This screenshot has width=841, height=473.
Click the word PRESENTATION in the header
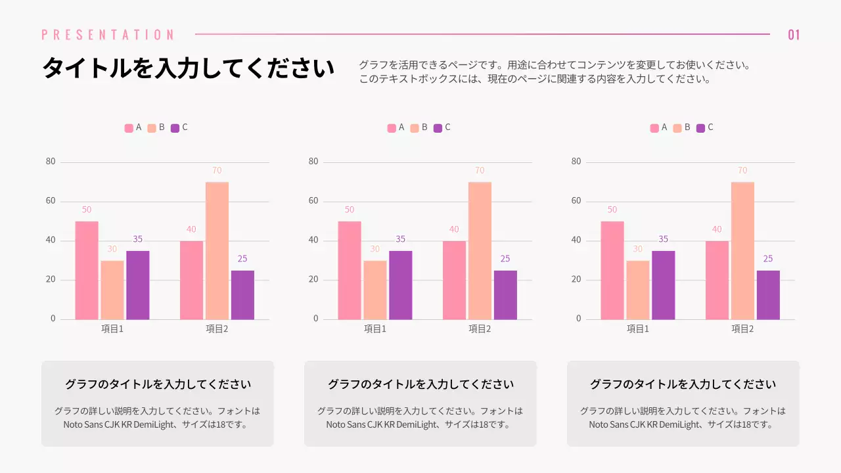pos(108,35)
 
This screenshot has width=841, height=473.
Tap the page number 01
pos(794,35)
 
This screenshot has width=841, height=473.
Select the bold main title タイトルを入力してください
pos(188,68)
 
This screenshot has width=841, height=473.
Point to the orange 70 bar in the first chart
pos(217,251)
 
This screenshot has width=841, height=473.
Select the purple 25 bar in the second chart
pos(505,295)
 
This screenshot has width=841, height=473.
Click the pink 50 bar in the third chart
pos(612,270)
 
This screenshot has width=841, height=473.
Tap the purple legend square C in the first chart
pos(175,128)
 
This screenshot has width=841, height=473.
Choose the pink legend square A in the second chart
pos(392,128)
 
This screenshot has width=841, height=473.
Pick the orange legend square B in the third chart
pos(677,128)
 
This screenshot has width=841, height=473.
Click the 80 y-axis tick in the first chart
pos(51,162)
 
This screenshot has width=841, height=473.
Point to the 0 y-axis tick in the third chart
pos(579,319)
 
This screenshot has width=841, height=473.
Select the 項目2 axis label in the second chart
pos(480,328)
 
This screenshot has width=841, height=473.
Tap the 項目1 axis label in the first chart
pos(112,328)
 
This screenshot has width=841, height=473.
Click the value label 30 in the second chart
pos(375,249)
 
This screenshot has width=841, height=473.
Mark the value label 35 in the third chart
pos(663,239)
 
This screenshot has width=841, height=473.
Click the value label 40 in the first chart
pos(191,229)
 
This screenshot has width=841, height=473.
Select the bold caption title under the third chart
pos(683,384)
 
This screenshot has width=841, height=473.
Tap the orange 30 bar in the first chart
pos(112,290)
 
